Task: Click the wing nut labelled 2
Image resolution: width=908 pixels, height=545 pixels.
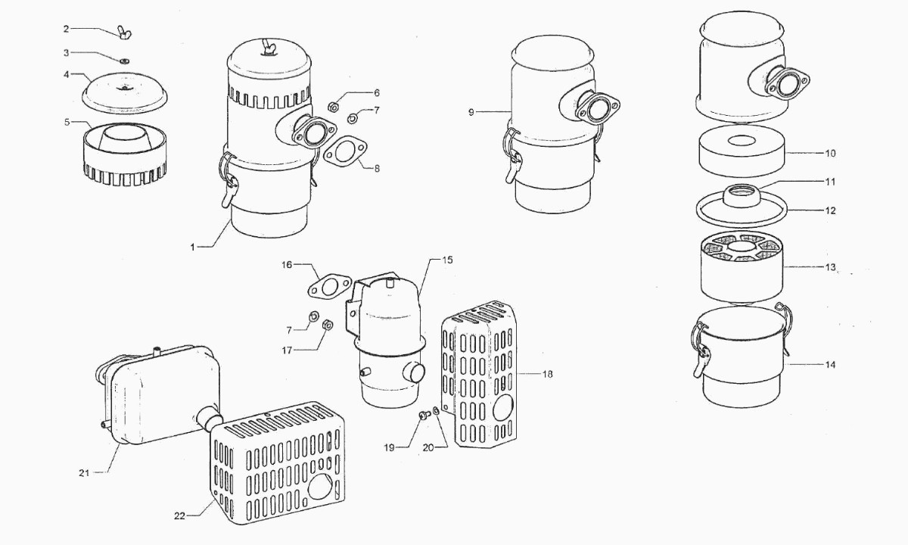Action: [123, 33]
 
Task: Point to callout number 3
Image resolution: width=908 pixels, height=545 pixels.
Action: [66, 53]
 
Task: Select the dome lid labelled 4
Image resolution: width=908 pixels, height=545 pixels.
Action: [124, 90]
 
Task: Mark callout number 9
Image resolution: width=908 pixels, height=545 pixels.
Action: [471, 112]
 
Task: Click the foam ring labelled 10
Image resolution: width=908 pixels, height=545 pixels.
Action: [740, 151]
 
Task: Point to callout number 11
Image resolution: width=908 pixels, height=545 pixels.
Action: [830, 182]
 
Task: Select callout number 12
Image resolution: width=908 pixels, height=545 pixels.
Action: [830, 210]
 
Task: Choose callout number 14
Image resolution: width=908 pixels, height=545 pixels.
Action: [830, 365]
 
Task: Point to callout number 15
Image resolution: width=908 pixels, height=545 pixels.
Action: [447, 260]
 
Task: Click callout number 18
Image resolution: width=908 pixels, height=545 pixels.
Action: [547, 374]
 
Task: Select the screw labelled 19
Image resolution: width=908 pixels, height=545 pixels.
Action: [424, 415]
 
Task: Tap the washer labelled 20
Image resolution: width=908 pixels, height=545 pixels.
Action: [437, 411]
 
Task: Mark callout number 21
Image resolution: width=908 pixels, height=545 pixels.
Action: [84, 473]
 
